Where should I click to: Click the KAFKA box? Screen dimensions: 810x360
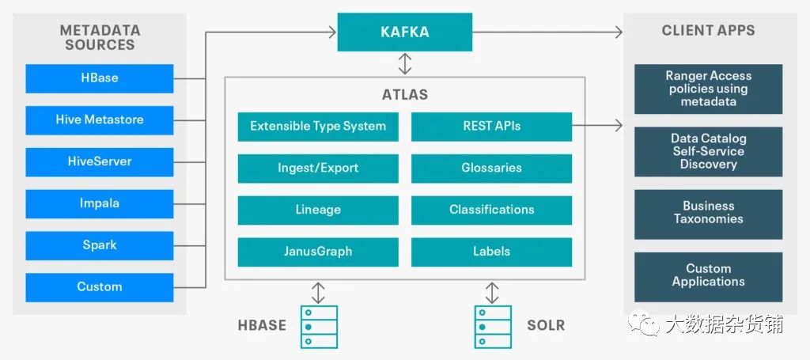[404, 32]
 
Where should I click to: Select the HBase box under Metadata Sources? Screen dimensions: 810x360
[100, 78]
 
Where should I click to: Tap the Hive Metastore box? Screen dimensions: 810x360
[100, 120]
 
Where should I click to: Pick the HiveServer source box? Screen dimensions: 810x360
[100, 161]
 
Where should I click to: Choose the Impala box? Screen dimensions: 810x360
[100, 203]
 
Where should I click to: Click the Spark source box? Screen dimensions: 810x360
[100, 245]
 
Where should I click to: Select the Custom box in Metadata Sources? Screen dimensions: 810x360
[100, 287]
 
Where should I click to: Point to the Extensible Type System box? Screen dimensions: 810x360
[318, 127]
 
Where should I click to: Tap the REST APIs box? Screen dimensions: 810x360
[491, 127]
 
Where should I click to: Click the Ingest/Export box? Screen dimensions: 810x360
[318, 169]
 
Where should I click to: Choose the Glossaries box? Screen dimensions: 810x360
[491, 169]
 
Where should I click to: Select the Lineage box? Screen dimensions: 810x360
[318, 210]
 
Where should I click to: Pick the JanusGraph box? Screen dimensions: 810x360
[318, 252]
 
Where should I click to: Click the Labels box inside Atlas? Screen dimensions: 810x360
[491, 252]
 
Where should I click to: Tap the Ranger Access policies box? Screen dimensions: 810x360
[708, 89]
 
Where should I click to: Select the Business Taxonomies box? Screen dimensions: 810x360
[708, 213]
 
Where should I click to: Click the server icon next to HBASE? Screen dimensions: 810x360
[318, 326]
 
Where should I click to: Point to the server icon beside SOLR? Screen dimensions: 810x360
[491, 326]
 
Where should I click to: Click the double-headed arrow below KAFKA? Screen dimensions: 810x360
[405, 63]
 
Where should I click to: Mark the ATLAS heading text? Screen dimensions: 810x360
[404, 95]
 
